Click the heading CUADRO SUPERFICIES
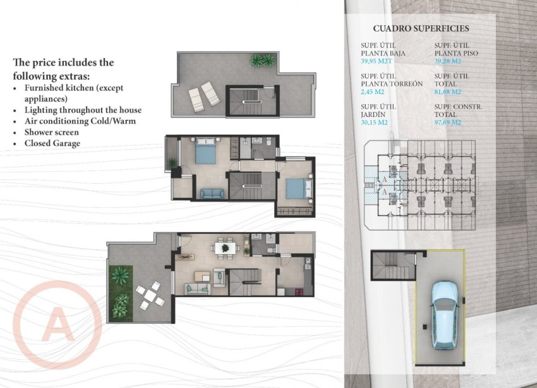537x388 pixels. [x=421, y=28]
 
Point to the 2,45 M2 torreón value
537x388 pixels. [x=372, y=92]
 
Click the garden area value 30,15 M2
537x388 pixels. [x=374, y=123]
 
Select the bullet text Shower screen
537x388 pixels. [x=51, y=132]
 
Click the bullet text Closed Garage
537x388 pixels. [x=52, y=143]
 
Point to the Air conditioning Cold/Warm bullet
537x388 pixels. [x=80, y=121]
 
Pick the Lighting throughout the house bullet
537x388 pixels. [x=83, y=110]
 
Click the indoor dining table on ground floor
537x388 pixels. [x=224, y=248]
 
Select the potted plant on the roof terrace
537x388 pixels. [x=262, y=61]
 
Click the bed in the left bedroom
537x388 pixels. [x=205, y=152]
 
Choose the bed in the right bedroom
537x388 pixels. [x=298, y=188]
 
